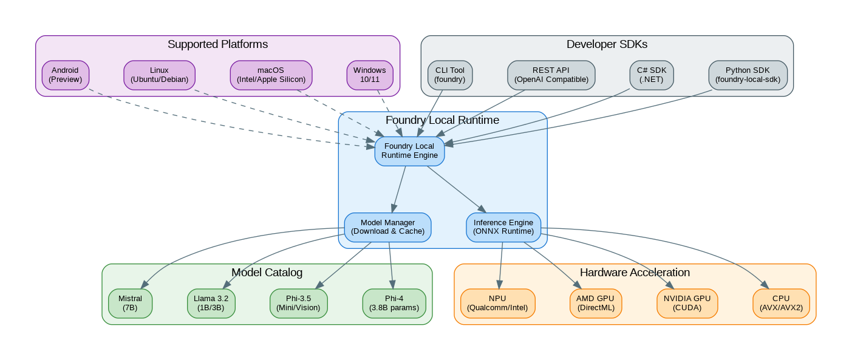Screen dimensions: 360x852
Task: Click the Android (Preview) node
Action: [x=66, y=75]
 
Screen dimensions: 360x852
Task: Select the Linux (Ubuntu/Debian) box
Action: [x=159, y=75]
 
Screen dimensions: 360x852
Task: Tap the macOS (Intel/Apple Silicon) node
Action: [x=271, y=75]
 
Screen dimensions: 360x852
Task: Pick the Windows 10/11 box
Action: [x=369, y=75]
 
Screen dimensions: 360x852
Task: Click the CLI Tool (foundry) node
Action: [x=450, y=75]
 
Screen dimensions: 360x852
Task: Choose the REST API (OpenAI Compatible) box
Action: [x=551, y=75]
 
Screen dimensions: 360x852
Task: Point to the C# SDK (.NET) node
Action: [x=652, y=75]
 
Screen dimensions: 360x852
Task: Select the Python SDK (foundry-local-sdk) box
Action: [x=748, y=75]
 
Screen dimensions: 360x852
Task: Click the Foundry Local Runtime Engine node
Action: [x=409, y=151]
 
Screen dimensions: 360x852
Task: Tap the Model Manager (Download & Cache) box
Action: [x=387, y=227]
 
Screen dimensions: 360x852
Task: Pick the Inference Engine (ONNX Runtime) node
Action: [x=503, y=227]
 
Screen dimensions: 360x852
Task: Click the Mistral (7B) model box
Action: [x=130, y=303]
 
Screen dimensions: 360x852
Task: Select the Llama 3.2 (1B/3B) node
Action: [x=211, y=303]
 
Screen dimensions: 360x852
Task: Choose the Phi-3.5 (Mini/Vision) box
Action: [x=298, y=303]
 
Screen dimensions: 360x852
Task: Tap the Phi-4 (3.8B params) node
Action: [x=394, y=303]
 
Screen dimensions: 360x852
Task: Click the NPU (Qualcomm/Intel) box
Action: [x=497, y=303]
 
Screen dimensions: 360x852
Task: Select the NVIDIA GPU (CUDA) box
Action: [x=687, y=303]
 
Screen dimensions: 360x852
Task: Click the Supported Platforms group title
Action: [x=217, y=44]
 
